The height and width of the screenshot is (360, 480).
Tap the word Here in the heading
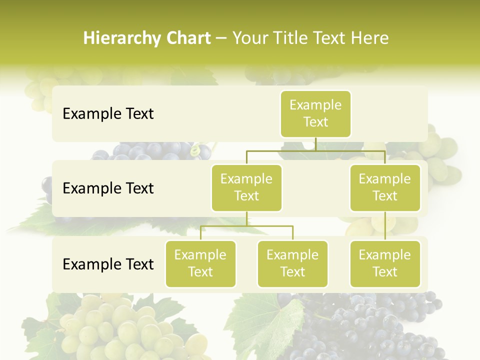(369, 38)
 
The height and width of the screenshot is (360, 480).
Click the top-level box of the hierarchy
(315, 114)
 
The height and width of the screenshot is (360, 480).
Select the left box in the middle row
(246, 188)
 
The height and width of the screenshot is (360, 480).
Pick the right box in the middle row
(385, 188)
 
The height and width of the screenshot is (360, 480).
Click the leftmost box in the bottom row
(200, 264)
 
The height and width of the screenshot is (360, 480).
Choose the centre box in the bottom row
(292, 264)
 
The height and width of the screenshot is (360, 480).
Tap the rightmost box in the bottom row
(385, 264)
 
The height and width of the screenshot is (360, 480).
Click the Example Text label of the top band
(108, 114)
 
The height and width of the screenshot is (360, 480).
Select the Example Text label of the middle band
(108, 188)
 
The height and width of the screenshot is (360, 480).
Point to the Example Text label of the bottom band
(108, 264)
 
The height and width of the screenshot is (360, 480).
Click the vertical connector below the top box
(315, 144)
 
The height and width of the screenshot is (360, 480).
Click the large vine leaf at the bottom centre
(265, 322)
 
